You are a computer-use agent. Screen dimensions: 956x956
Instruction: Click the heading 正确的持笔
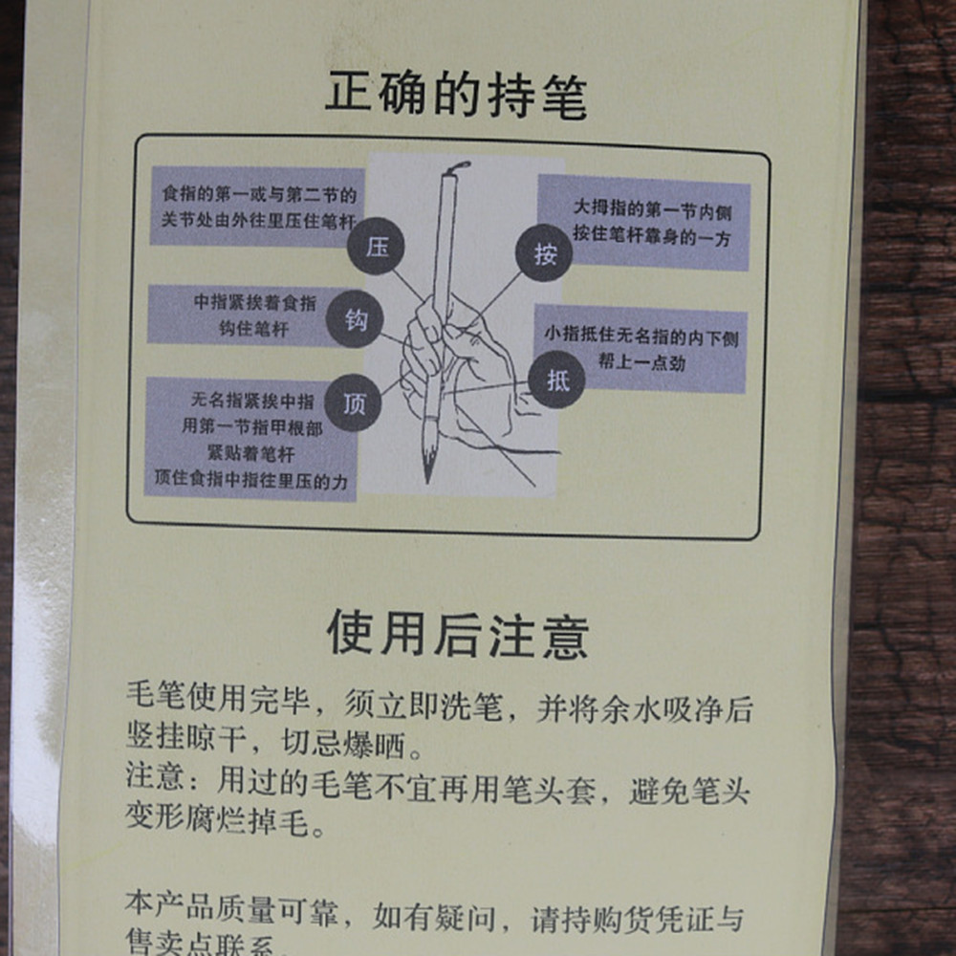click(456, 97)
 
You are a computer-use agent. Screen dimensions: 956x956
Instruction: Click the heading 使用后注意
click(458, 633)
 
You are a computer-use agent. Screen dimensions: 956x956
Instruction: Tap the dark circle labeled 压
click(378, 248)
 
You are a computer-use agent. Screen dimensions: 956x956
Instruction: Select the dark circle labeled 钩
click(354, 320)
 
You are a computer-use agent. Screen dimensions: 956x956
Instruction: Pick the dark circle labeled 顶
click(353, 403)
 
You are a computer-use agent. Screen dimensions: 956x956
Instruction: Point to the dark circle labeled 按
click(544, 254)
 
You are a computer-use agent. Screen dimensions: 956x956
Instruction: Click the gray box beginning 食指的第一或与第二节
click(257, 206)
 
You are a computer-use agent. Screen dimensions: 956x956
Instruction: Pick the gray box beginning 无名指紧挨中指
click(251, 439)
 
